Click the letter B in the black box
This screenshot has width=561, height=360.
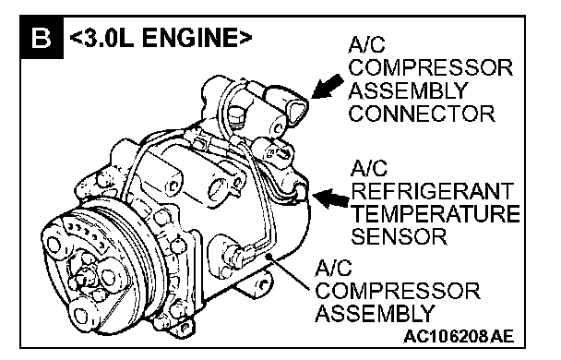point(42,38)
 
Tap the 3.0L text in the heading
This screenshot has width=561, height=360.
point(107,38)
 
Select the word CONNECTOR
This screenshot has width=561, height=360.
point(422,114)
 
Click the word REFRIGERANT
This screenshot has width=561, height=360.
point(433,191)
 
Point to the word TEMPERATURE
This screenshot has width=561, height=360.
point(436,213)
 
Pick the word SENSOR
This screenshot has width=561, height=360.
point(399,236)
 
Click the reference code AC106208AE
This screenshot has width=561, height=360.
point(459,337)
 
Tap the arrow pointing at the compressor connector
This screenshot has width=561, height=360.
point(327,86)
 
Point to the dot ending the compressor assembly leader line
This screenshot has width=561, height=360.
point(269,256)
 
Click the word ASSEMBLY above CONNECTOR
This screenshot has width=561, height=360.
point(408,90)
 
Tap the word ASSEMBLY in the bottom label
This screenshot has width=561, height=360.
point(375,313)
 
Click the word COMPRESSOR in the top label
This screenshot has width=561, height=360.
point(431,67)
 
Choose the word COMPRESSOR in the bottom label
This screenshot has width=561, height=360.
point(398,291)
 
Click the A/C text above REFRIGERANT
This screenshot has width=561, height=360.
point(369,168)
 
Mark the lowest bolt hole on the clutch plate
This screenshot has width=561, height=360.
point(81,316)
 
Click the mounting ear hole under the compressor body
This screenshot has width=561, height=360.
point(263,285)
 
